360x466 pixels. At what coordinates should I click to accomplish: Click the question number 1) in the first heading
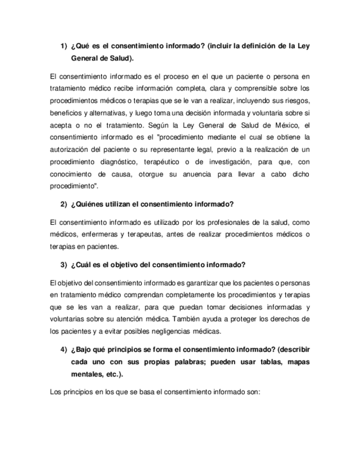coord(63,46)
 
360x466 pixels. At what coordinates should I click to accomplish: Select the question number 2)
coord(63,204)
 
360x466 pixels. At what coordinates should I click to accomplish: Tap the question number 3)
coord(63,265)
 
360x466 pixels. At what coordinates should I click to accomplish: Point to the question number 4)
coord(63,350)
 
